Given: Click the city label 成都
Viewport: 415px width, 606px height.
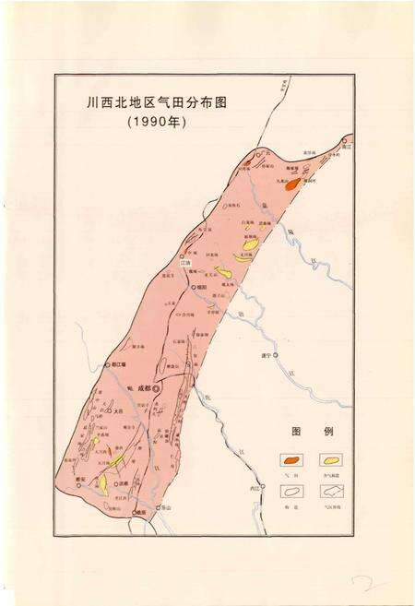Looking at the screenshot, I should [x=142, y=388].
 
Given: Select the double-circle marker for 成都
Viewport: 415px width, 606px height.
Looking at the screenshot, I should [x=156, y=389].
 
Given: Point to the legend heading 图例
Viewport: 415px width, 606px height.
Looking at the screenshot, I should [x=305, y=431].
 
